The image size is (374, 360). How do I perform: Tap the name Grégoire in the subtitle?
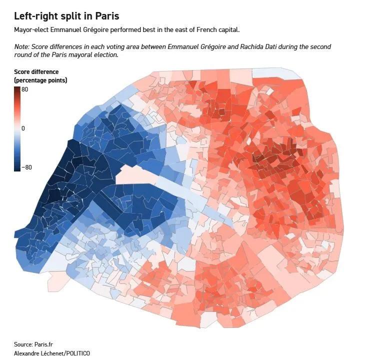tap(95, 30)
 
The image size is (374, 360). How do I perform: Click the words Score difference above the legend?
tap(36, 72)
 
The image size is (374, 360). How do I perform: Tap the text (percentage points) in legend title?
tap(40, 80)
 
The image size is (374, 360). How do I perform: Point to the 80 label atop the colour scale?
tap(24, 89)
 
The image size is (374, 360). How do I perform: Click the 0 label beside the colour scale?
tap(23, 128)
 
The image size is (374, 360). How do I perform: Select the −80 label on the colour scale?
tap(26, 167)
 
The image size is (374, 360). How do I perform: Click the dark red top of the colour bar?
tap(17, 89)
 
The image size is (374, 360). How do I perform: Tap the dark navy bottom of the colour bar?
tap(17, 169)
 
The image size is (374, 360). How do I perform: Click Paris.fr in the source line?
tap(43, 344)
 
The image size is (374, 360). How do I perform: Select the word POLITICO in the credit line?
tap(78, 353)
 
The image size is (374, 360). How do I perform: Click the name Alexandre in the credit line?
tap(25, 353)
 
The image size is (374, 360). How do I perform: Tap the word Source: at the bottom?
tap(23, 344)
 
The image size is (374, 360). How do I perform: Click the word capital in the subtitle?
tap(228, 30)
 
